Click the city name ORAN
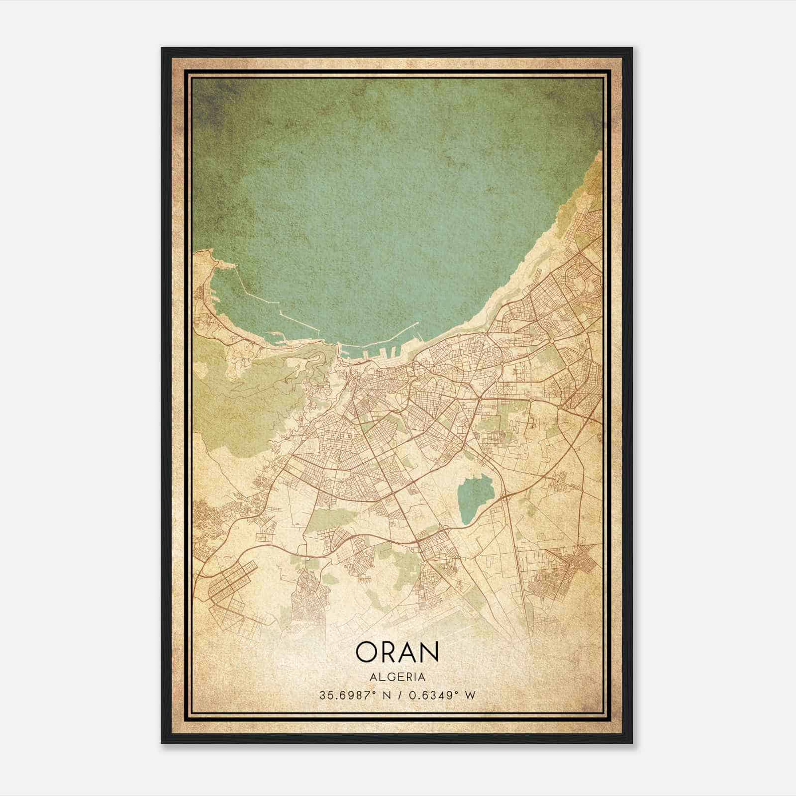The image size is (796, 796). pos(398,652)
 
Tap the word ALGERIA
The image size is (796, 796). pos(398,677)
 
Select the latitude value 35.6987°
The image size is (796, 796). pos(348,696)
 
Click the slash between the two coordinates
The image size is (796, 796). pos(398,696)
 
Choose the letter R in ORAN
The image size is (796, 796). pos(391,652)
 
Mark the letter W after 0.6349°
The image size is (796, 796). pos(470,696)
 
